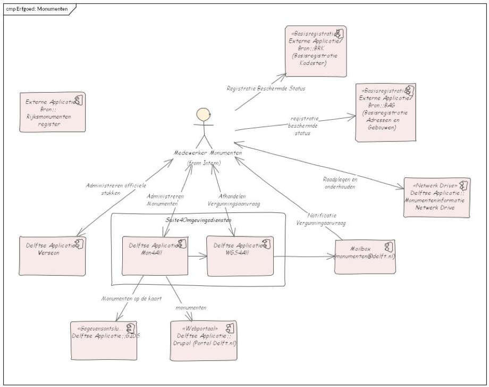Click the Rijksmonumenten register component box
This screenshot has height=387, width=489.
[x=53, y=112]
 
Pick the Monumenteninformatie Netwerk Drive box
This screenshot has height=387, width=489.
[x=437, y=197]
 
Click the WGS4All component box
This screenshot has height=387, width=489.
[x=240, y=256]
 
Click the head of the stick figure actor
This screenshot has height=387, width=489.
[x=202, y=116]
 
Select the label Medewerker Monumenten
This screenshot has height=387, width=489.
[x=208, y=153]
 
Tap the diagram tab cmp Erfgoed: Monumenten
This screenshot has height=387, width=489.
[x=37, y=9]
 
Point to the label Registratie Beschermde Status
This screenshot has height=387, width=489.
[x=266, y=88]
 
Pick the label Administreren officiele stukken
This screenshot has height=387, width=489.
[x=111, y=190]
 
